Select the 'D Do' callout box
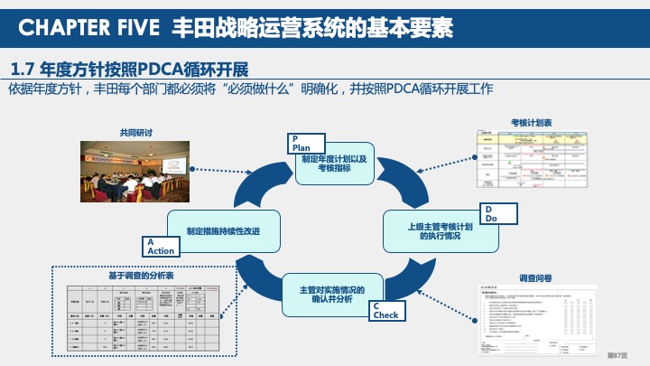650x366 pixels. pyautogui.click(x=501, y=214)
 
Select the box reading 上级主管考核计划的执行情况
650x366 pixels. pyautogui.click(x=440, y=231)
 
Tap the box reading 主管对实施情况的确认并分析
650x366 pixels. pyautogui.click(x=331, y=295)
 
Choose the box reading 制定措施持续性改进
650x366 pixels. pyautogui.click(x=223, y=231)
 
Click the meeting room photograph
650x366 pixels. pyautogui.click(x=135, y=171)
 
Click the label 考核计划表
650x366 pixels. pyautogui.click(x=532, y=121)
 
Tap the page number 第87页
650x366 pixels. pyautogui.click(x=617, y=355)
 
